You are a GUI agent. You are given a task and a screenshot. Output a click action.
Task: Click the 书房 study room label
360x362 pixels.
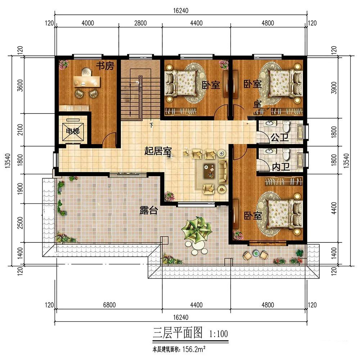coord(105,66)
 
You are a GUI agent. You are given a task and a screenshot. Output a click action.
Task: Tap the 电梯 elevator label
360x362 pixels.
coord(73,131)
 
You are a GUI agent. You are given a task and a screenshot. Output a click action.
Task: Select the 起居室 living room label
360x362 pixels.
coord(158,151)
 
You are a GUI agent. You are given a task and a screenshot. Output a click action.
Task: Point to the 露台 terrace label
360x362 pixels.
coord(149,210)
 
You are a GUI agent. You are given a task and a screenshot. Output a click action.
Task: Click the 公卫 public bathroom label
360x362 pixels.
coord(280,138)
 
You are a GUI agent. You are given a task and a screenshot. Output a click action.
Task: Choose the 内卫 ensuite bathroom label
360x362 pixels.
coord(281,167)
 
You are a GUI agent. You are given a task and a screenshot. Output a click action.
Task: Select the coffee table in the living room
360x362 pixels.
coord(210,171)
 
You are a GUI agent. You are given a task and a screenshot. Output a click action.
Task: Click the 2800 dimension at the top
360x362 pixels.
coord(140,23)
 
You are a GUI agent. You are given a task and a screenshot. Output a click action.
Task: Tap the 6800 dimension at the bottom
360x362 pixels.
coord(109,305)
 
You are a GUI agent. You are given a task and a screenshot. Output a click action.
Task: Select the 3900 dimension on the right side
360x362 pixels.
coord(334,88)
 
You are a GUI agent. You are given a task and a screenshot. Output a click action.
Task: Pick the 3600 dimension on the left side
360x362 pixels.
coord(20,85)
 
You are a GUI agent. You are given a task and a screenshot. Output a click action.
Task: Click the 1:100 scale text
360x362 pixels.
coord(218,334)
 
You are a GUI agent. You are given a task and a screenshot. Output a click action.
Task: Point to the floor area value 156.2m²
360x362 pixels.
coord(194,349)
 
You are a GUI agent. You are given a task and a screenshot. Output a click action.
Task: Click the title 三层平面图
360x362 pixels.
coord(177,333)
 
